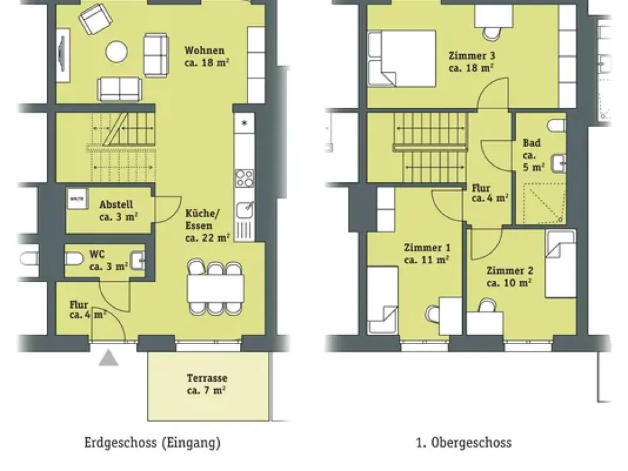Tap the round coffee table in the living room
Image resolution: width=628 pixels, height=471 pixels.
(117, 51)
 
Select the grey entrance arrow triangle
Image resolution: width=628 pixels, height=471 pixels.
(109, 358)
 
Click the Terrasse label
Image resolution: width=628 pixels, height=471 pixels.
(207, 384)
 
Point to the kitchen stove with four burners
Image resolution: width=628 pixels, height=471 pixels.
(244, 178)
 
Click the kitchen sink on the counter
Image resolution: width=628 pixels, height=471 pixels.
(244, 210)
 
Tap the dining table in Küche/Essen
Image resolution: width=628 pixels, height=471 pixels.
(215, 288)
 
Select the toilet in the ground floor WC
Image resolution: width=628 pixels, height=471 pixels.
(74, 259)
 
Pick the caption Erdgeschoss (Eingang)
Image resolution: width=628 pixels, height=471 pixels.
(152, 443)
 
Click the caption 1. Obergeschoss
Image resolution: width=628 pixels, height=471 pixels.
(464, 443)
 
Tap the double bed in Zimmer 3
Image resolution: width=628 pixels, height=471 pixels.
(402, 58)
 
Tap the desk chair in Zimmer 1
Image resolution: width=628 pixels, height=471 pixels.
(433, 313)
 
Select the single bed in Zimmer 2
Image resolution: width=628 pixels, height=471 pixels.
(560, 264)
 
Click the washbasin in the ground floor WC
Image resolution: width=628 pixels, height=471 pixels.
(138, 261)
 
